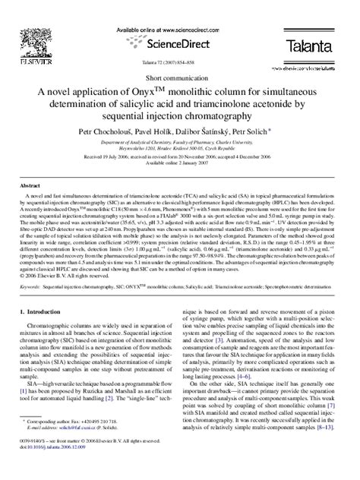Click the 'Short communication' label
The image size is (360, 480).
click(179, 78)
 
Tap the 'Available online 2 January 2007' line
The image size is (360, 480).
click(179, 182)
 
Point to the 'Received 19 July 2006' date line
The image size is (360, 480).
click(179, 175)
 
